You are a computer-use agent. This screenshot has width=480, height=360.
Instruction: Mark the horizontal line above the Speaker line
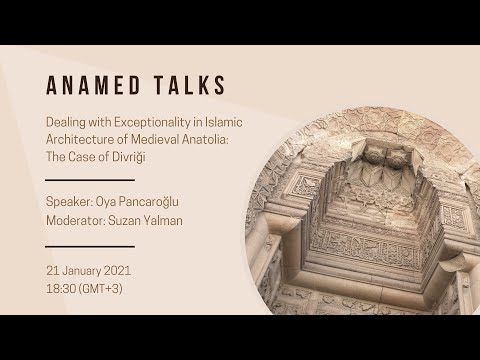click(89, 180)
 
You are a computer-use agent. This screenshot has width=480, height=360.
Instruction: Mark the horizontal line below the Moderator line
click(89, 245)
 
